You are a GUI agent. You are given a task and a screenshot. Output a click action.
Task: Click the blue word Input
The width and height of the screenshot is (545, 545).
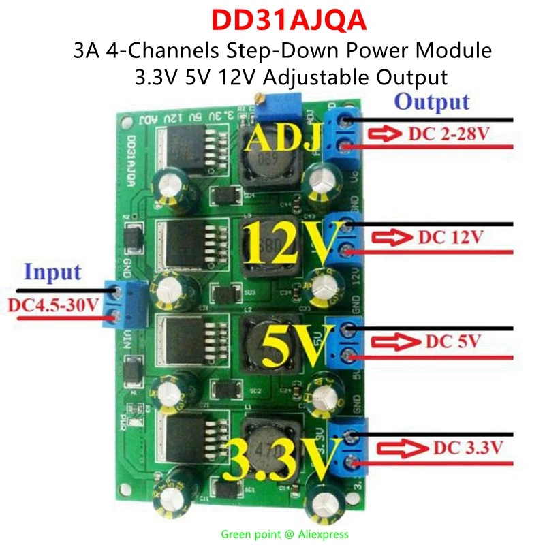tap(52, 272)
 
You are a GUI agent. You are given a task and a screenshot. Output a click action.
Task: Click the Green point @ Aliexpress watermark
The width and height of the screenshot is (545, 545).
tap(284, 534)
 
